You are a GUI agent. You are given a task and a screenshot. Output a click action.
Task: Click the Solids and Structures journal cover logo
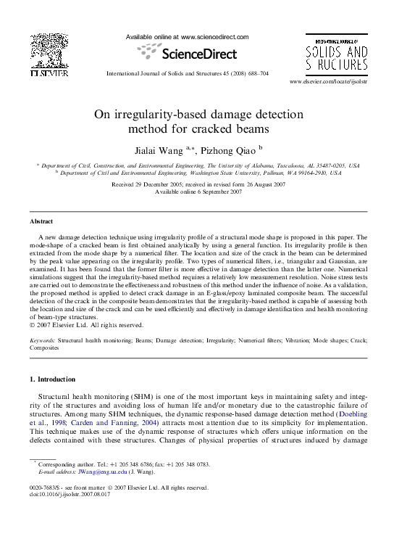pos(335,53)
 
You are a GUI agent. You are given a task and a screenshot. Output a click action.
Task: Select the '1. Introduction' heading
pos(56,379)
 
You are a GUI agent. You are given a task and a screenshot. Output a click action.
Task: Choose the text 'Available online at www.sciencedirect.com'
pos(187,36)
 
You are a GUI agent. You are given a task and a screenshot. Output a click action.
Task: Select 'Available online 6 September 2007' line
pos(197,192)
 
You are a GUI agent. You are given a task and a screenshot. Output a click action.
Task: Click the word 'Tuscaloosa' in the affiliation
pos(274,165)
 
